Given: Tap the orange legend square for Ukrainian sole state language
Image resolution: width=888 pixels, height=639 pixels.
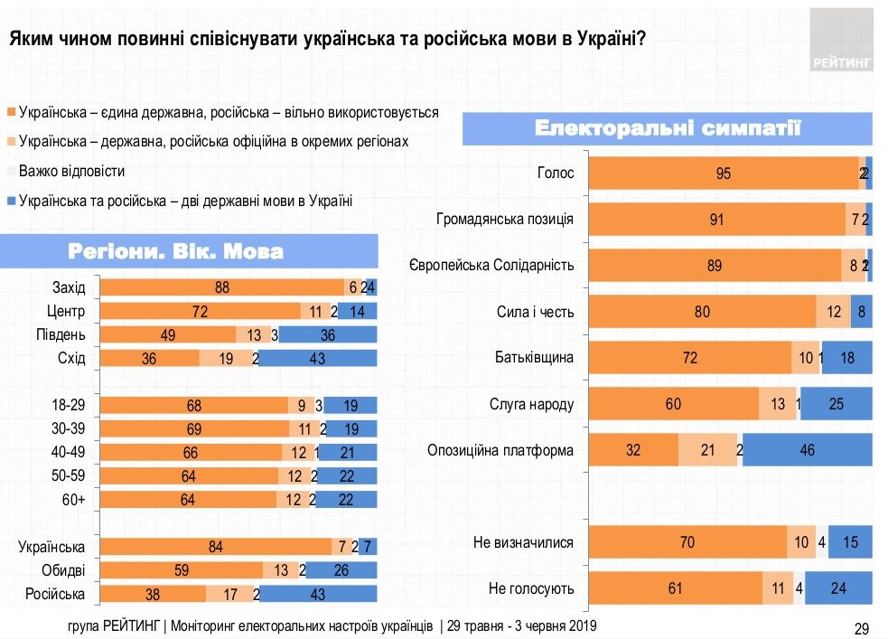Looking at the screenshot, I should click(11, 113).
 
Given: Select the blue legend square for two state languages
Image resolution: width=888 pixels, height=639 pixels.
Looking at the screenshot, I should click(11, 201).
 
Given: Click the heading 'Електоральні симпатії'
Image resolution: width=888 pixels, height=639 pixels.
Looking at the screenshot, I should click(668, 127).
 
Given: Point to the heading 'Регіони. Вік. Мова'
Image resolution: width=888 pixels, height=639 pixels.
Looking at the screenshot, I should click(188, 251).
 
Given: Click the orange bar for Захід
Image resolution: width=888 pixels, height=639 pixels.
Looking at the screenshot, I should click(221, 287).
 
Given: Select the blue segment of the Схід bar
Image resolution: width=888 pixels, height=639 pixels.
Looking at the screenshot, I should click(318, 358).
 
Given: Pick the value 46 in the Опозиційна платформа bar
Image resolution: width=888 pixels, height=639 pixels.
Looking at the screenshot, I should click(808, 449).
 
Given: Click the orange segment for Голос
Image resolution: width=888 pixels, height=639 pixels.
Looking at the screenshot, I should click(723, 173).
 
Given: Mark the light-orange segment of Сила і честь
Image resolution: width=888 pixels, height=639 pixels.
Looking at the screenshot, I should click(833, 311).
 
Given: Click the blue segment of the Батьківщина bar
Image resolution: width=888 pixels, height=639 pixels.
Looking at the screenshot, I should click(846, 358).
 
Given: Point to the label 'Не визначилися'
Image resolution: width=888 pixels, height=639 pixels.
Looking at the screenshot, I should click(524, 542).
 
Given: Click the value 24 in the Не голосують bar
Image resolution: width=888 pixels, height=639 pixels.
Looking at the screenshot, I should click(838, 588).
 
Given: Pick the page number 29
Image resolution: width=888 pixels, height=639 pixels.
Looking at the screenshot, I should click(861, 627).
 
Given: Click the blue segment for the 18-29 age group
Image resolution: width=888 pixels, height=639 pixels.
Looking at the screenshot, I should click(350, 405).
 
